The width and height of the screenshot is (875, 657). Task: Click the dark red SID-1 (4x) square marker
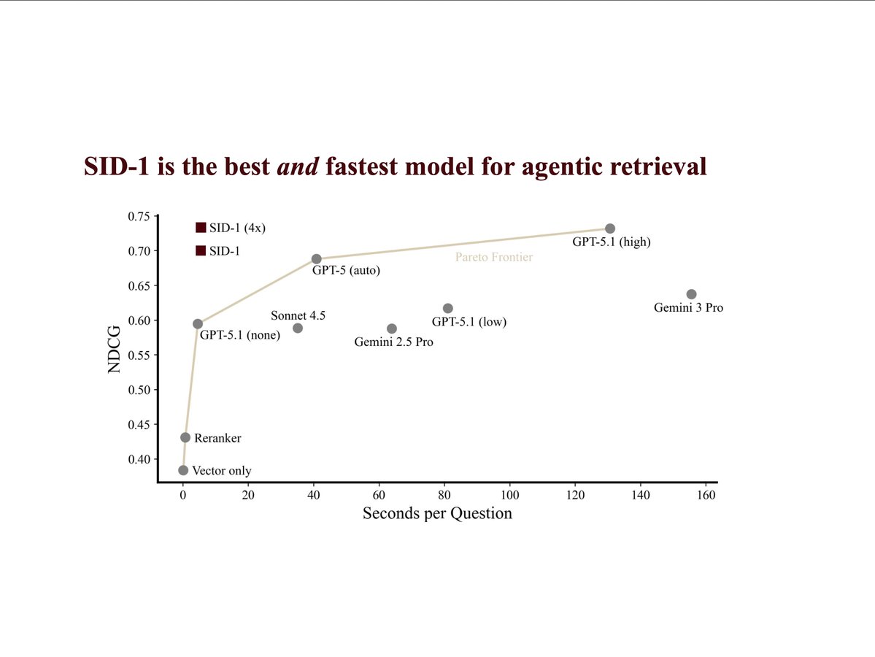[x=201, y=228]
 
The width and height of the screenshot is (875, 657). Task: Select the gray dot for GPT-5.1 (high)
[x=610, y=228]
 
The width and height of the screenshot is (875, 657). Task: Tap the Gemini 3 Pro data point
[x=691, y=294]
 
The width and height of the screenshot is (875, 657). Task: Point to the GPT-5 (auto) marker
[x=316, y=259]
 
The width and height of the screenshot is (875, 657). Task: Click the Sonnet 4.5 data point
[x=298, y=328]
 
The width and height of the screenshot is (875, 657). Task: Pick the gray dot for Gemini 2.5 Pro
[x=392, y=328]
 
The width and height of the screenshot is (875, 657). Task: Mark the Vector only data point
[x=183, y=470]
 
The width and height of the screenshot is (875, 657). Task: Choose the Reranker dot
[x=185, y=437]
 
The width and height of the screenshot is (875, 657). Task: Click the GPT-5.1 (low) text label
[x=469, y=322]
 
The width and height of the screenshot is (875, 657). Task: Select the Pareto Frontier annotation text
[x=494, y=257]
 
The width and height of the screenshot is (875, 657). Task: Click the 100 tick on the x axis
[x=509, y=494]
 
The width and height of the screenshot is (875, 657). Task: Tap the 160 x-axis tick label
[x=706, y=494]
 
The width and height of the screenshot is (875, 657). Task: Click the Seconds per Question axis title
[x=437, y=513]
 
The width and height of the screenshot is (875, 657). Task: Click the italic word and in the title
[x=298, y=166]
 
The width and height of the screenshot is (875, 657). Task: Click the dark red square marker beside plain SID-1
[x=201, y=250]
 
